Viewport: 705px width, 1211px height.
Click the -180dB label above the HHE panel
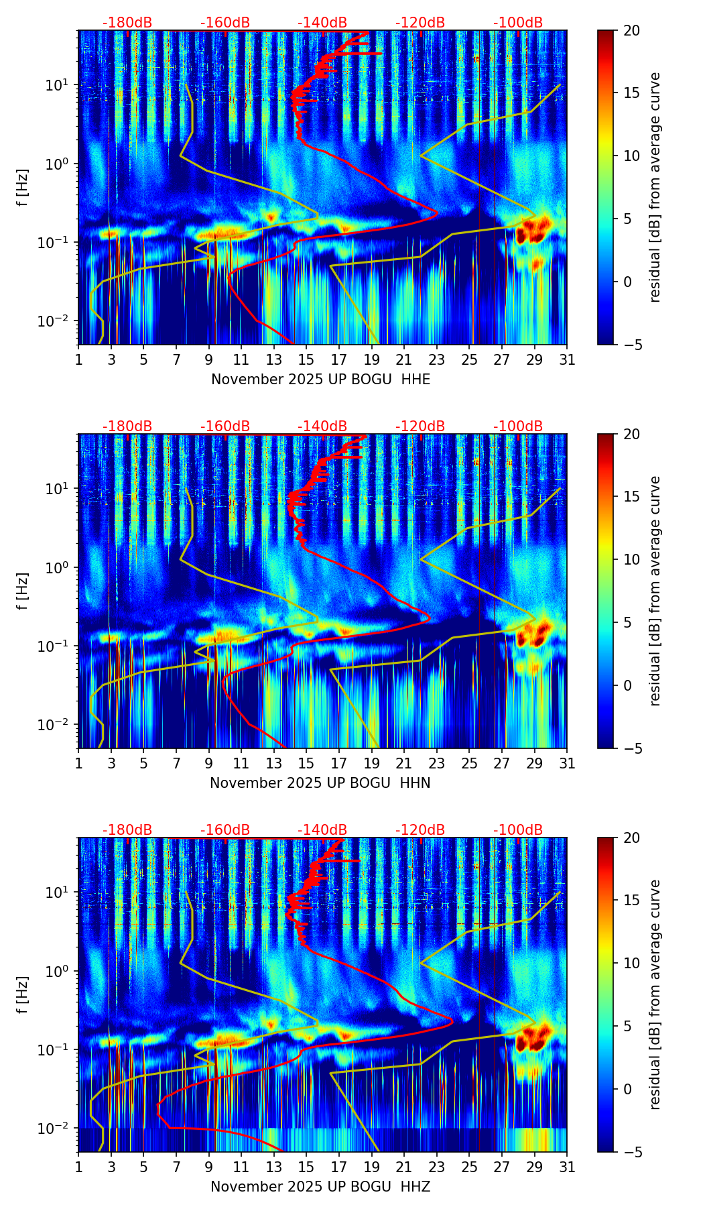[x=127, y=23]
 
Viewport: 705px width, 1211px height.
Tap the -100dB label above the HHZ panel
[x=518, y=830]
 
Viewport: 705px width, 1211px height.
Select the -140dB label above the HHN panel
[x=322, y=426]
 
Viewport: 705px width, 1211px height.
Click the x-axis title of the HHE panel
[x=320, y=380]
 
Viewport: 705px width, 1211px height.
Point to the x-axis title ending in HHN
[x=320, y=783]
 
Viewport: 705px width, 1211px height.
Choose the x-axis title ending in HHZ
[x=320, y=1187]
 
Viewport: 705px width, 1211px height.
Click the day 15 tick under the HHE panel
[x=306, y=360]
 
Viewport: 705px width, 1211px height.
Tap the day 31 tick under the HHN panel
[x=566, y=764]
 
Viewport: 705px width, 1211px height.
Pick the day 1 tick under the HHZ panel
[x=79, y=1167]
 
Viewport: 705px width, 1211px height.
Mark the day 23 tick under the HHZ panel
[x=436, y=1167]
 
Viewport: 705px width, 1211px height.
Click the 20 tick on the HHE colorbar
[x=632, y=31]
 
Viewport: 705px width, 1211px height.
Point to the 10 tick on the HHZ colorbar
[x=632, y=964]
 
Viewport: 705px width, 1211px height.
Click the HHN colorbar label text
[x=655, y=591]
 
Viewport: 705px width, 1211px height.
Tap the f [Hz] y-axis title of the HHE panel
[x=23, y=187]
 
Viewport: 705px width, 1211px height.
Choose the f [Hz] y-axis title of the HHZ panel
[x=23, y=994]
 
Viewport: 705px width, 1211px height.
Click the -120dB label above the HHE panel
[x=420, y=23]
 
